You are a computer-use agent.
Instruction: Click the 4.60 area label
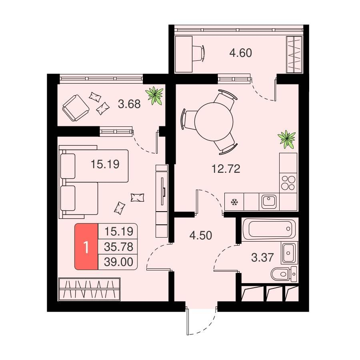click(x=241, y=53)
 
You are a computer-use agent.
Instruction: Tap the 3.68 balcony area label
click(x=129, y=104)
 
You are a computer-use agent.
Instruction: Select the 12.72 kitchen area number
click(x=226, y=169)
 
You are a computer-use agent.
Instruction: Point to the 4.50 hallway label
click(x=201, y=236)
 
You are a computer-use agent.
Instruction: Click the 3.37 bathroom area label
click(x=262, y=257)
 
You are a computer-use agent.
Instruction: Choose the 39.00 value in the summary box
click(x=118, y=262)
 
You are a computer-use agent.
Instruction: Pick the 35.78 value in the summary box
click(x=118, y=247)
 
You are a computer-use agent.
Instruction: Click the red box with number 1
click(x=86, y=246)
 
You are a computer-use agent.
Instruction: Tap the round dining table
click(x=214, y=122)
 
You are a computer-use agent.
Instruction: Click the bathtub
click(x=269, y=229)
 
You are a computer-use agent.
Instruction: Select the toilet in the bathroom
click(x=284, y=274)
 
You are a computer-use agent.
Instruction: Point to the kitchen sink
click(x=269, y=201)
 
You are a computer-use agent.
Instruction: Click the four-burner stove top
click(x=288, y=183)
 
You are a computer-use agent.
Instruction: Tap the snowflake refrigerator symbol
click(x=234, y=202)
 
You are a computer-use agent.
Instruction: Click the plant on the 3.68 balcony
click(x=154, y=95)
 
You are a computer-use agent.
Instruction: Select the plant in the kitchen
click(x=286, y=139)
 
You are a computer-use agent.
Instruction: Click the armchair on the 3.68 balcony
click(x=76, y=108)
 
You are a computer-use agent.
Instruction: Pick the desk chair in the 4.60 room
click(x=198, y=53)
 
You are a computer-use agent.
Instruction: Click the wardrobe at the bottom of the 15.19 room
click(x=89, y=289)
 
